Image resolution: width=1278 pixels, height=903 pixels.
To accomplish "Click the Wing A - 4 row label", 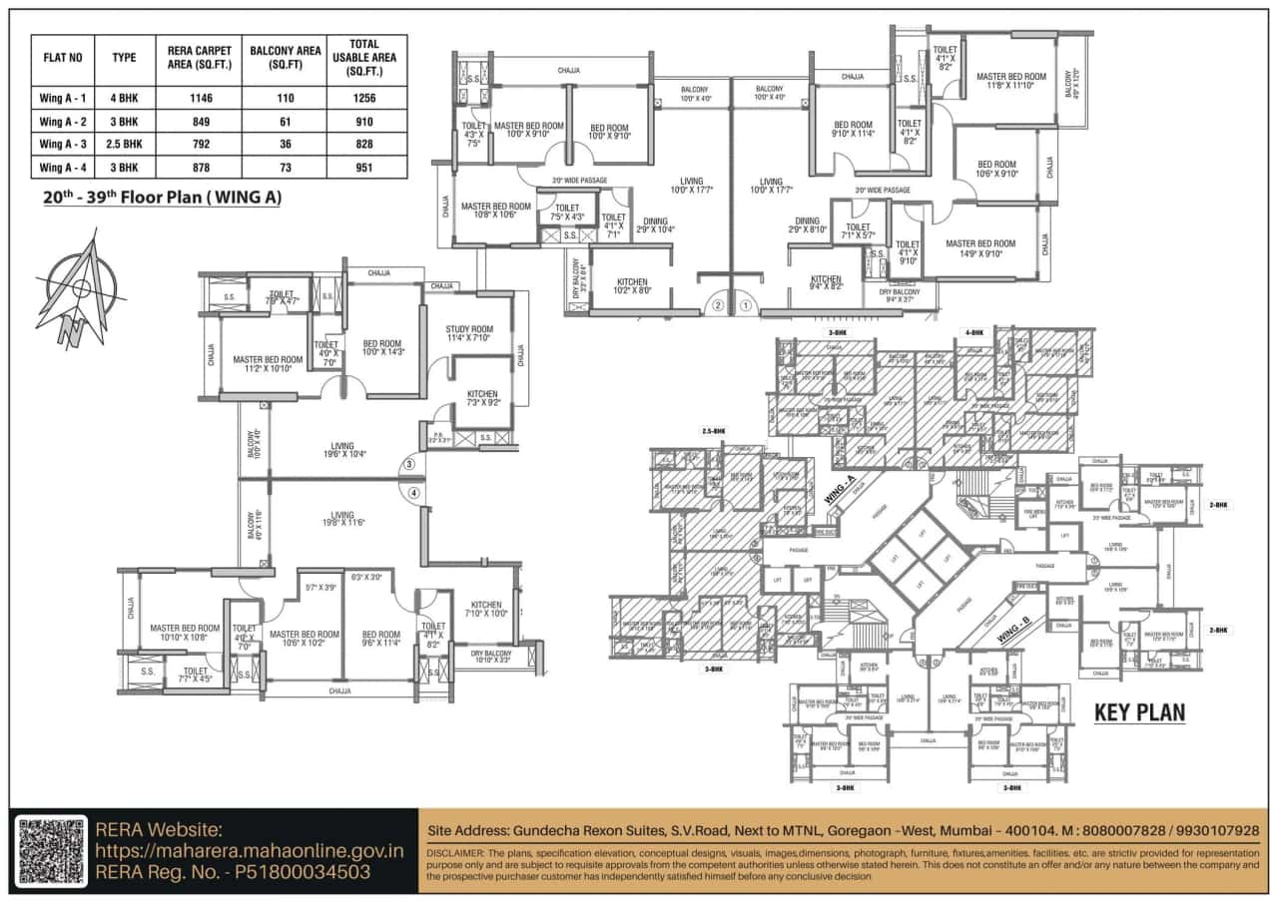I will click(x=63, y=167).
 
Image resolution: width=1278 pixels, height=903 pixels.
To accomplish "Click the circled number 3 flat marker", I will click(x=407, y=464).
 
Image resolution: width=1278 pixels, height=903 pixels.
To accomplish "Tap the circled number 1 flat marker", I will click(x=745, y=305).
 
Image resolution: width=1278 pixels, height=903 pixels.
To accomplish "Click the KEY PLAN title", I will click(x=1139, y=712).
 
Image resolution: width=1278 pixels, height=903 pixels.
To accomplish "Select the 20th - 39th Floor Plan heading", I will click(x=162, y=198).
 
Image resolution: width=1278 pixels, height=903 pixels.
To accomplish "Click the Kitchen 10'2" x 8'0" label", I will click(x=631, y=286).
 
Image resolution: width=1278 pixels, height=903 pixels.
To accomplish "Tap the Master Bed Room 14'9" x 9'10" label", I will click(x=979, y=248).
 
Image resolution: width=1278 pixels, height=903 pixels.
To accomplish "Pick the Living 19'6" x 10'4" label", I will click(x=342, y=450).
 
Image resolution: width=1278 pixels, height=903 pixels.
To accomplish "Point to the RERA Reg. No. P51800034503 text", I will click(x=233, y=872).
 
